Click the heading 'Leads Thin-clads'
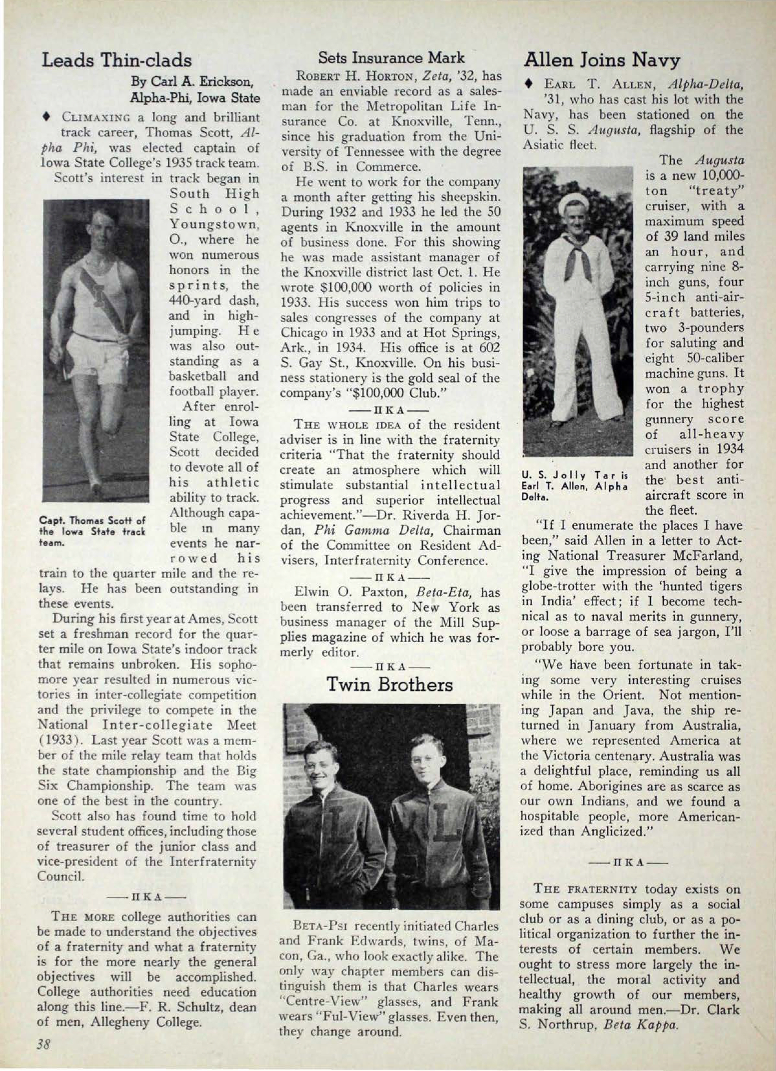(117, 61)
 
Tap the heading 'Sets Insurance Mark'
(391, 58)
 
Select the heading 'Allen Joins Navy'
(602, 61)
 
